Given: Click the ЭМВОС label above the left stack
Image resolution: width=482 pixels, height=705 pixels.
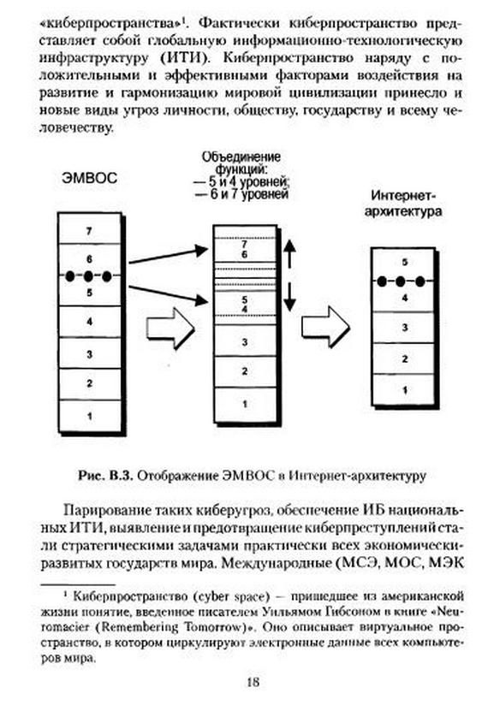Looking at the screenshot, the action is tap(89, 177).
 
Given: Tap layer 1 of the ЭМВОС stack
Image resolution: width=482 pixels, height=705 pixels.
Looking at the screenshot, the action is tap(90, 416).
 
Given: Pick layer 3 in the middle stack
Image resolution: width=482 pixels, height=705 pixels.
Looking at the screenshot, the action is tap(245, 341).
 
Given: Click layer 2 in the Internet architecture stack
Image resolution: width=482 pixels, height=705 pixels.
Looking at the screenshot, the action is tap(404, 358).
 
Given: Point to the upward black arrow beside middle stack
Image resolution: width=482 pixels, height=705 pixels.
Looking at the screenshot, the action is tap(290, 253).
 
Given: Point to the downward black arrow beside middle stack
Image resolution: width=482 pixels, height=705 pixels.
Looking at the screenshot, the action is tap(290, 297).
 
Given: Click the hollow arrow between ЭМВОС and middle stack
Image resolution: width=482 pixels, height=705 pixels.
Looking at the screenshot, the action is tap(170, 329).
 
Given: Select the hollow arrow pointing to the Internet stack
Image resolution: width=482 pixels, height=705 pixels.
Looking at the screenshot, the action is tap(325, 327).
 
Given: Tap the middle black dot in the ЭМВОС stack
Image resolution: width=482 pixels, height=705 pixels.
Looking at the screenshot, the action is tap(88, 276).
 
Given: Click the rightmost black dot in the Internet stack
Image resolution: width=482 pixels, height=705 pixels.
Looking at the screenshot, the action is tap(420, 281).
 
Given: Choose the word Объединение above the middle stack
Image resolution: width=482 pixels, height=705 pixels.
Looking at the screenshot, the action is tap(241, 157).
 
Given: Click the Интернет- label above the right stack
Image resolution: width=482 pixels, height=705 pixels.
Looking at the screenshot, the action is tap(404, 196).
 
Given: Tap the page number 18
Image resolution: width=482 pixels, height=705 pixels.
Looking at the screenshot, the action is tap(253, 682).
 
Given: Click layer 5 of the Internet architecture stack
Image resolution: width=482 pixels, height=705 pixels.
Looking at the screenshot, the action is tap(404, 263).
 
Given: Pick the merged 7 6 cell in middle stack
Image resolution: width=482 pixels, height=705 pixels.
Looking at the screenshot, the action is tap(245, 249).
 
